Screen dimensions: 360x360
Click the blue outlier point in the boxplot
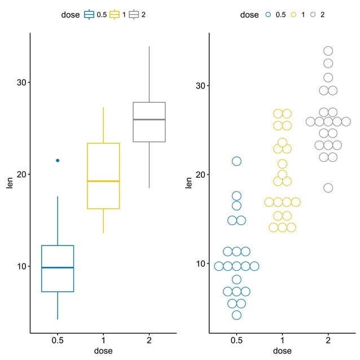click(x=58, y=160)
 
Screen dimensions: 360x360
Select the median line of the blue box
click(x=58, y=267)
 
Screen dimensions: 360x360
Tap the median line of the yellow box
click(x=103, y=181)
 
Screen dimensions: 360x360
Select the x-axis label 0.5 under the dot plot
click(x=236, y=341)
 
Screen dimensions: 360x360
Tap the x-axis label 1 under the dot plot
click(x=282, y=341)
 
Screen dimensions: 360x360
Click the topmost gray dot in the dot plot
click(x=328, y=51)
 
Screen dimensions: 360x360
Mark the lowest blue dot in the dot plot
click(x=236, y=315)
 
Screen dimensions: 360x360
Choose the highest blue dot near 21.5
click(x=236, y=161)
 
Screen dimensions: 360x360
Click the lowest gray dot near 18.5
click(x=328, y=188)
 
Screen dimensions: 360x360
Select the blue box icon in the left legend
click(x=89, y=15)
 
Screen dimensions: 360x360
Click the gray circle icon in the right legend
click(x=313, y=15)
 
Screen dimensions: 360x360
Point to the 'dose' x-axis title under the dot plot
click(x=282, y=352)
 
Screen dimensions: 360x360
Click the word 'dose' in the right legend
click(x=249, y=15)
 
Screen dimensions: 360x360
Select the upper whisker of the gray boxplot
click(x=149, y=73)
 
